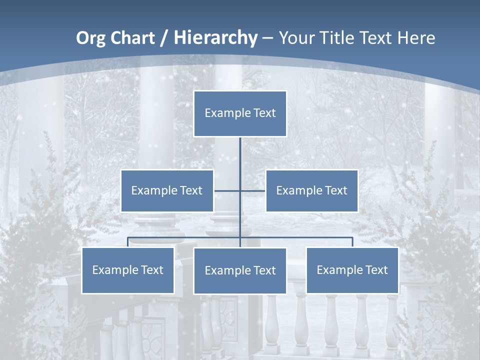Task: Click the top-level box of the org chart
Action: point(240,113)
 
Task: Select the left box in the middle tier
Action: point(167,190)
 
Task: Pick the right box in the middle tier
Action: point(311,190)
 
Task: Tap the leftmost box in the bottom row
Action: point(128,270)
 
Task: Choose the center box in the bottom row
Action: point(240,270)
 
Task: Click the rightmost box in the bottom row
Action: point(352,270)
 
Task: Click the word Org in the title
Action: point(90,38)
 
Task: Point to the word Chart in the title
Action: point(132,38)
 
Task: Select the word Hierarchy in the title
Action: point(215,38)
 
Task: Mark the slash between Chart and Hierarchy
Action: point(163,38)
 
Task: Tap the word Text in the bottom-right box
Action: point(376,270)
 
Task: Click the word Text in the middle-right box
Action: point(335,190)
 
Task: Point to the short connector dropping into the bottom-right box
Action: point(352,242)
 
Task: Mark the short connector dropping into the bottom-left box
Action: point(128,242)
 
